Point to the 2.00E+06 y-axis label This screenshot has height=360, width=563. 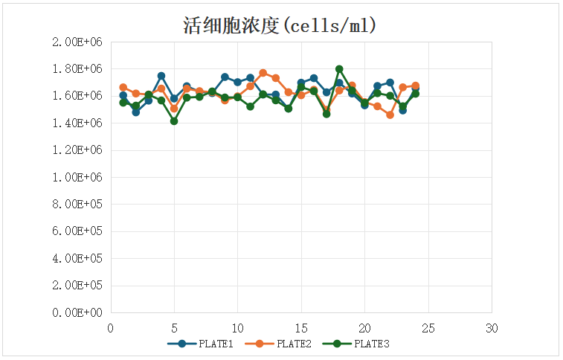click(77, 42)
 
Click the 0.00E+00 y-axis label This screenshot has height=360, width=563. click(77, 312)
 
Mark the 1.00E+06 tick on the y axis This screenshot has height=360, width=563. click(77, 177)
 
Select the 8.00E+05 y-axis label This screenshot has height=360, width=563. click(77, 205)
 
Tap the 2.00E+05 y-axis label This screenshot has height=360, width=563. click(77, 286)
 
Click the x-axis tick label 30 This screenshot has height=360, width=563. click(492, 328)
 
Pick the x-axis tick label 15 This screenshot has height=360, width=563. click(301, 328)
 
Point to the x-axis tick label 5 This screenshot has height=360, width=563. click(174, 328)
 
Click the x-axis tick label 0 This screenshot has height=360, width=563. click(111, 328)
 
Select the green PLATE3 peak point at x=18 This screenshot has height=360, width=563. click(339, 69)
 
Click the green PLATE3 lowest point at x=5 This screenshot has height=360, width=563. click(174, 120)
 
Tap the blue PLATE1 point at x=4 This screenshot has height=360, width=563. click(161, 76)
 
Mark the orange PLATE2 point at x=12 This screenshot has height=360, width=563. click(263, 73)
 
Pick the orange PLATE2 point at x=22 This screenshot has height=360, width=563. click(390, 115)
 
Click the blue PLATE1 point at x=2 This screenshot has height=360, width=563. click(136, 112)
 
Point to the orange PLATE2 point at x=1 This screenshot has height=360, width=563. click(123, 88)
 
